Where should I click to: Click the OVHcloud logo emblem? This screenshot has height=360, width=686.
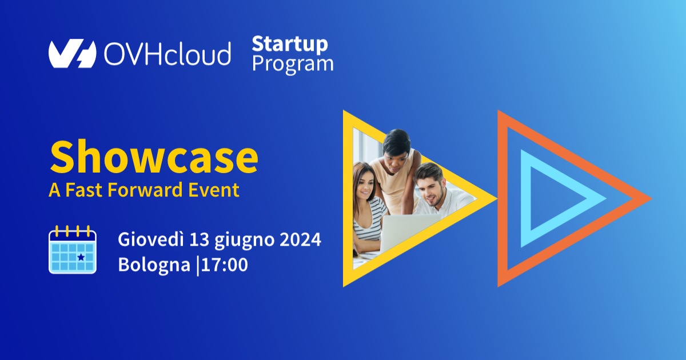pyautogui.click(x=72, y=53)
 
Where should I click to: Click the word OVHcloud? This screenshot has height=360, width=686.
pyautogui.click(x=167, y=54)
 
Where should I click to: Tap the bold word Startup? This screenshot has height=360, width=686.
pyautogui.click(x=290, y=45)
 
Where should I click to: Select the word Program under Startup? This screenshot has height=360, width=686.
pyautogui.click(x=293, y=65)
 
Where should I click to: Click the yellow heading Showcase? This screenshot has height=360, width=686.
pyautogui.click(x=154, y=157)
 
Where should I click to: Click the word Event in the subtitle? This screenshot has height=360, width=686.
pyautogui.click(x=214, y=190)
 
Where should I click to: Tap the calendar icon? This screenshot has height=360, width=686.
pyautogui.click(x=73, y=250)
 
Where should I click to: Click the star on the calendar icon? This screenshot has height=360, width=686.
pyautogui.click(x=81, y=257)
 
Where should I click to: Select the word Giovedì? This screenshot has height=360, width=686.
pyautogui.click(x=151, y=239)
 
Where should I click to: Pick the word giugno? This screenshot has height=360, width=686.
pyautogui.click(x=245, y=241)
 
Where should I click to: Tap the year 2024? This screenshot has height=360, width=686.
pyautogui.click(x=301, y=239)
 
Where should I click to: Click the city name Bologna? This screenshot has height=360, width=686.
pyautogui.click(x=154, y=265)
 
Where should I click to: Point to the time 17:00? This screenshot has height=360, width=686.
pyautogui.click(x=225, y=265)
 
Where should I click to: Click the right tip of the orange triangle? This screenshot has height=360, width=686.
pyautogui.click(x=652, y=198)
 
